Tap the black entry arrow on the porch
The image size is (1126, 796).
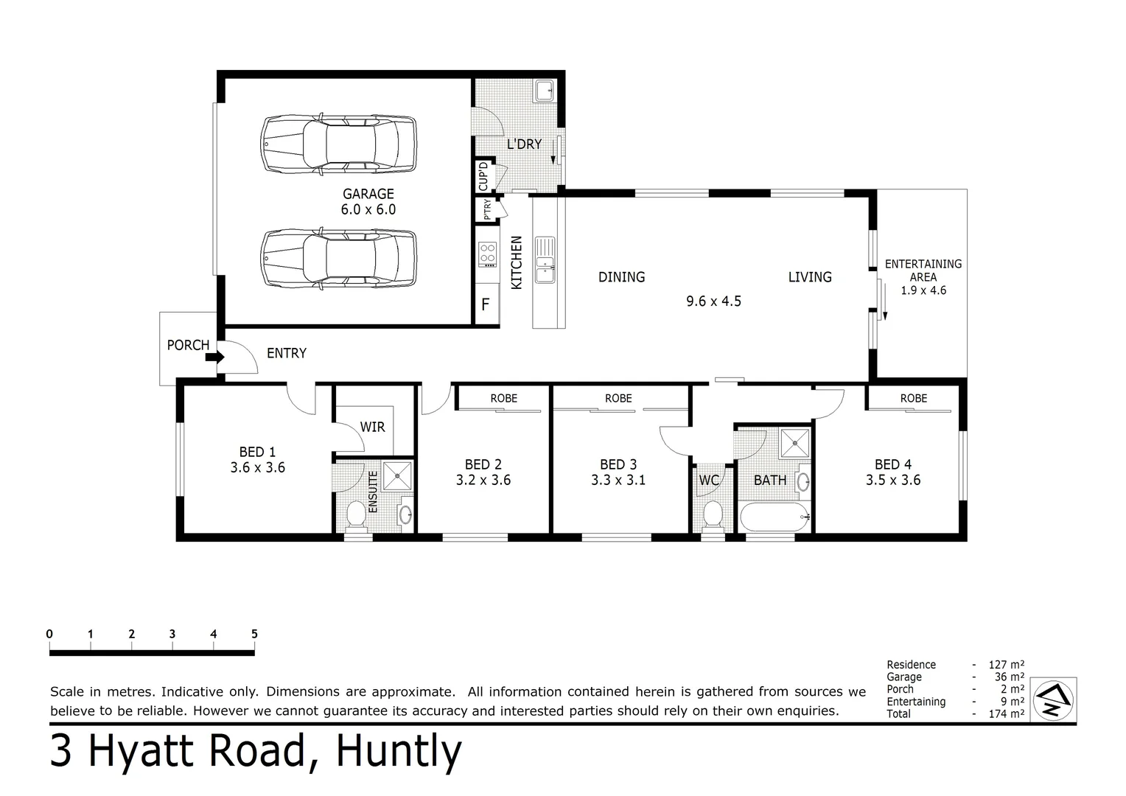[214, 357]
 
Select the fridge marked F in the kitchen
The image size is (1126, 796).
[486, 304]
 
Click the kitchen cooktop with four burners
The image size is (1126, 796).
[488, 254]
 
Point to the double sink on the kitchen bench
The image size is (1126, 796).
[545, 259]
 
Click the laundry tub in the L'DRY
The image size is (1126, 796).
[545, 91]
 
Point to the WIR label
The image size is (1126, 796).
[372, 427]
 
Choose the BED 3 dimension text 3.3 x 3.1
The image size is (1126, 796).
[618, 480]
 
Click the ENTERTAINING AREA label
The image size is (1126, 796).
[923, 270]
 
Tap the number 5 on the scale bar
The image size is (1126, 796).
[254, 634]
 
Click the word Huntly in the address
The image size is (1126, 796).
[399, 753]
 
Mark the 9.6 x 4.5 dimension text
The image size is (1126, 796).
[713, 301]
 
